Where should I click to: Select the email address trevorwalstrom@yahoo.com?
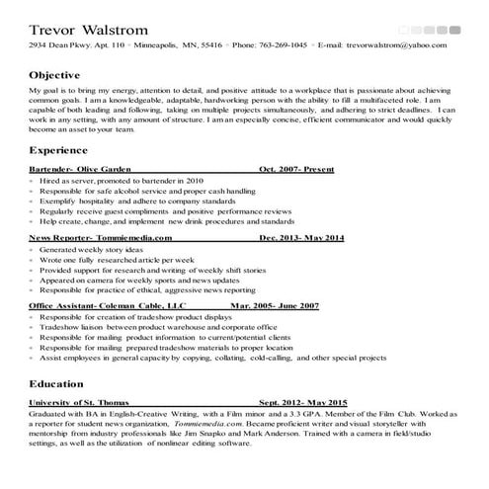[x=395, y=45]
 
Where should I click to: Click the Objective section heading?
[x=55, y=75]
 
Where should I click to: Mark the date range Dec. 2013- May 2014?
[x=302, y=238]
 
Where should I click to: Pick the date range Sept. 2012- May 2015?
[x=303, y=403]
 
